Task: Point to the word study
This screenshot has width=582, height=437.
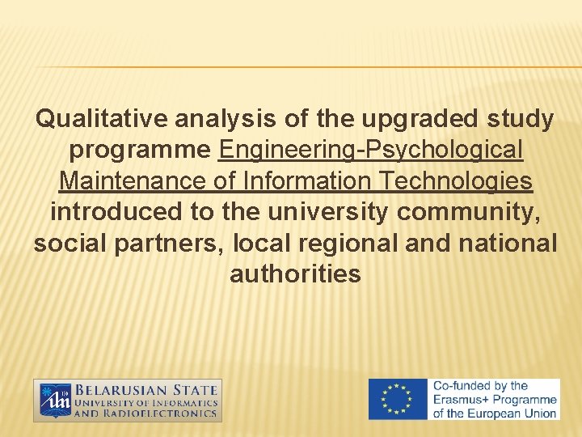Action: (x=521, y=120)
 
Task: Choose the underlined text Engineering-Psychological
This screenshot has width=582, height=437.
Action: (x=371, y=151)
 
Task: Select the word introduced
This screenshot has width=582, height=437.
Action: (x=116, y=212)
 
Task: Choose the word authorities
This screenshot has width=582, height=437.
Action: (x=295, y=274)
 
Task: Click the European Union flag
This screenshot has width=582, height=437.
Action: (x=399, y=400)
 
